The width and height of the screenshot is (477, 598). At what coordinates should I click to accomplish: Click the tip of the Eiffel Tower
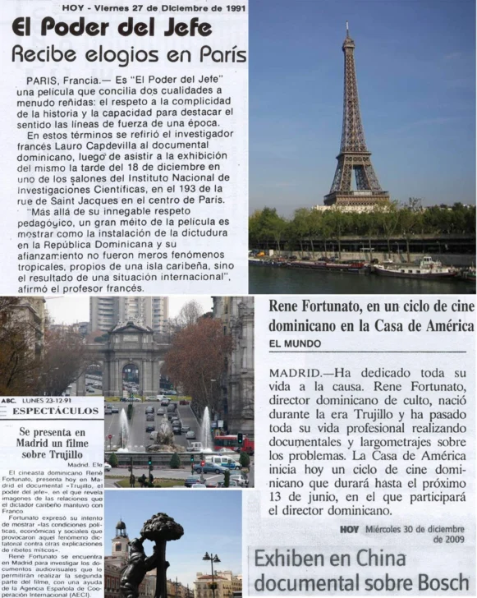(348, 25)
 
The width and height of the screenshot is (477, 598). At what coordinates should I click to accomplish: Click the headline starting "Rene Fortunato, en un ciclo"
(372, 315)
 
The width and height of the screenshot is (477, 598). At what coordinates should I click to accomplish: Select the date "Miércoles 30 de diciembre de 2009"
(406, 535)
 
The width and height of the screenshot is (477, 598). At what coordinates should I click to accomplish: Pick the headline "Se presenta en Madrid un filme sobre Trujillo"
(52, 444)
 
